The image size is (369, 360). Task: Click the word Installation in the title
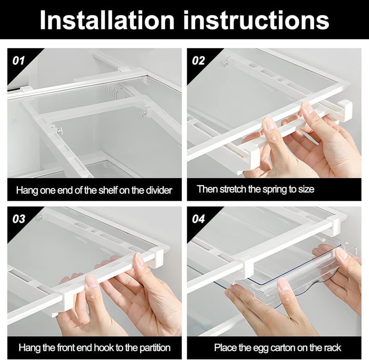coord(107,20)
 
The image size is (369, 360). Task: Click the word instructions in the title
coord(256,20)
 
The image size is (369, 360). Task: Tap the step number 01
coord(18,61)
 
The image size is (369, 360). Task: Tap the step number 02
coord(198,61)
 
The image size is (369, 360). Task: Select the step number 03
coord(19,219)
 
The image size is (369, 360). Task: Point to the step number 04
coord(199,219)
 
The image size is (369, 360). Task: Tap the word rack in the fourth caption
coord(333,348)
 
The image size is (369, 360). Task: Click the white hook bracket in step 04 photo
coord(248,269)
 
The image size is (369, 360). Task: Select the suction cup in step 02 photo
coord(225,62)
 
